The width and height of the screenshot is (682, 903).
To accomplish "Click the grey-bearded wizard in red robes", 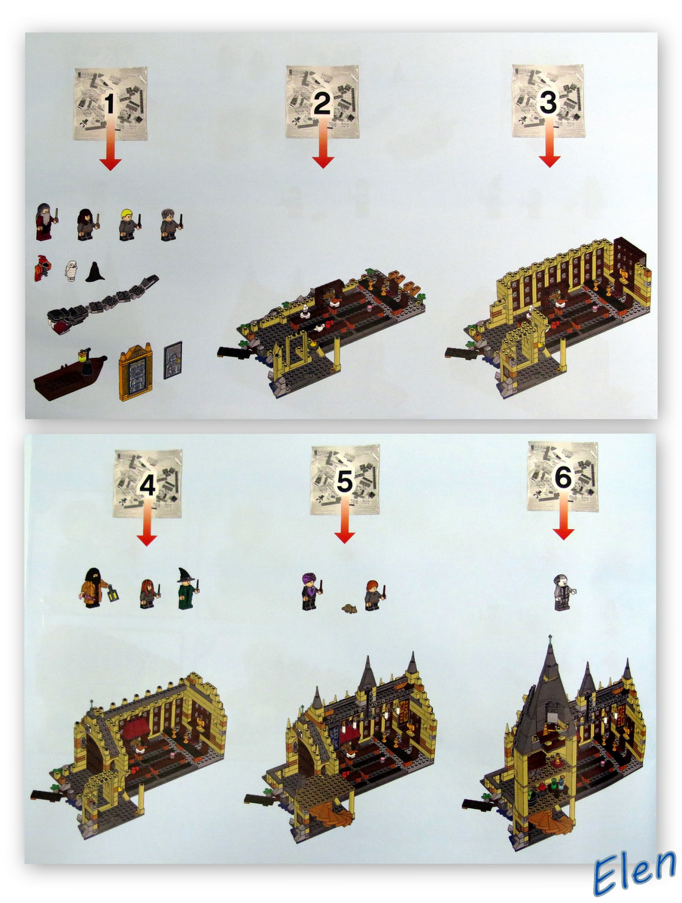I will (x=45, y=223).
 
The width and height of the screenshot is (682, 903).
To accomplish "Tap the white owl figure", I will (x=72, y=269).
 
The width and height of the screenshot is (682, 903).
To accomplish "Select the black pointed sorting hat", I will (x=95, y=272).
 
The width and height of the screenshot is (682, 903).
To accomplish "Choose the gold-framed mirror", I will (x=135, y=371).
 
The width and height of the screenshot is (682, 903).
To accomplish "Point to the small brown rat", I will (x=349, y=607).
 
